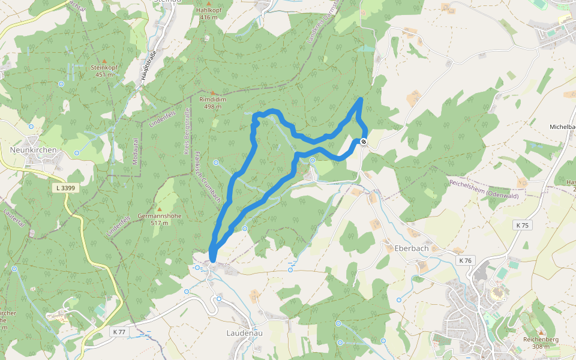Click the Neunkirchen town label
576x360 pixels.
pyautogui.click(x=34, y=150)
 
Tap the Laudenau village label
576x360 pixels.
pyautogui.click(x=244, y=332)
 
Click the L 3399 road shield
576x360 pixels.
pyautogui.click(x=64, y=188)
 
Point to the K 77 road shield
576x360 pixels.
pyautogui.click(x=119, y=331)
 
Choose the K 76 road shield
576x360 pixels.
pyautogui.click(x=465, y=260)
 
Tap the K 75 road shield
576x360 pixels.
pyautogui.click(x=523, y=225)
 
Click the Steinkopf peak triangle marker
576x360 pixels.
pyautogui.click(x=104, y=61)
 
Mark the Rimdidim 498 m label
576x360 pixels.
pyautogui.click(x=212, y=103)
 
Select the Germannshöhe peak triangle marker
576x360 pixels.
pyautogui.click(x=159, y=209)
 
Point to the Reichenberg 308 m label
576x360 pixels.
pyautogui.click(x=540, y=343)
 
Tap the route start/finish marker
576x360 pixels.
pyautogui.click(x=364, y=142)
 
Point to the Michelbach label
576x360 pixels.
pyautogui.click(x=562, y=127)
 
